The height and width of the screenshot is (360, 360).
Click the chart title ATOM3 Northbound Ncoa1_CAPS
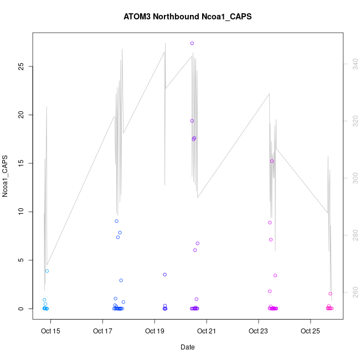pyautogui.click(x=188, y=17)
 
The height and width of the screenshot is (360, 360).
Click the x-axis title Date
pyautogui.click(x=188, y=347)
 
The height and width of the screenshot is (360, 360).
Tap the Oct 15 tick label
pyautogui.click(x=50, y=332)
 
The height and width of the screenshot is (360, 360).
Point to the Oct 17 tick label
pyautogui.click(x=102, y=332)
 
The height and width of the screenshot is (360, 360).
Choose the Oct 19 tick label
pyautogui.click(x=155, y=332)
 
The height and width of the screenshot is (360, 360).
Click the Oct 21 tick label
pyautogui.click(x=207, y=332)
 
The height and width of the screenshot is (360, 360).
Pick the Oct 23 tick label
pyautogui.click(x=258, y=332)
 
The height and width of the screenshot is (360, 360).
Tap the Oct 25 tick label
pyautogui.click(x=310, y=332)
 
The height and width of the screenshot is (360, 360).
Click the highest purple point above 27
pyautogui.click(x=192, y=43)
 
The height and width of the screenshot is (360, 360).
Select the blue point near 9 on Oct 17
pyautogui.click(x=116, y=221)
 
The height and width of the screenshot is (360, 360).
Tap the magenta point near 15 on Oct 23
pyautogui.click(x=272, y=161)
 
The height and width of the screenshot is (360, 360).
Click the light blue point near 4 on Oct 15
pyautogui.click(x=47, y=271)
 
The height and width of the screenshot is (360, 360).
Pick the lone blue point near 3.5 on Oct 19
pyautogui.click(x=165, y=275)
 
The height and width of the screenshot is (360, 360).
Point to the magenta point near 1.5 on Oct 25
pyautogui.click(x=330, y=294)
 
